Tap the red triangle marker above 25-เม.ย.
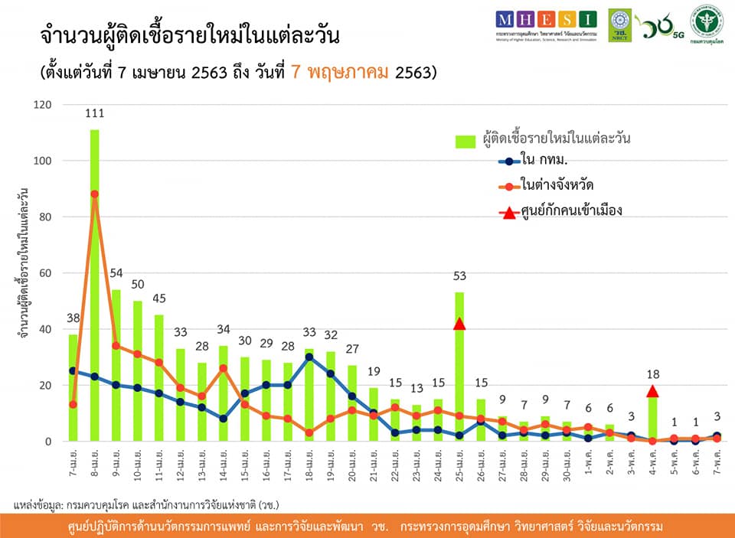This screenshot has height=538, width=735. (x=459, y=324)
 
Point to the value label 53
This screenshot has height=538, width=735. (x=459, y=276)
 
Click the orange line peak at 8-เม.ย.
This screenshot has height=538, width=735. (x=95, y=194)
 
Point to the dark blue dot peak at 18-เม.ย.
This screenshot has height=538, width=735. (x=309, y=357)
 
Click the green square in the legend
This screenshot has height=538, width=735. (x=465, y=141)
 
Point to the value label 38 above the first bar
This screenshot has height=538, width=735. (x=73, y=318)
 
